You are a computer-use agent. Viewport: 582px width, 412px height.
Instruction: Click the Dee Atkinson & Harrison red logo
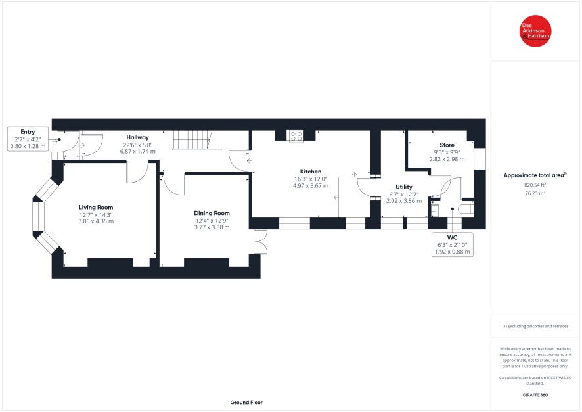pos(535,31)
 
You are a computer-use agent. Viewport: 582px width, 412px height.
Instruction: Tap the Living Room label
pos(96,207)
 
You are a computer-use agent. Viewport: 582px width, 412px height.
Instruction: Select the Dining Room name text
pos(212,213)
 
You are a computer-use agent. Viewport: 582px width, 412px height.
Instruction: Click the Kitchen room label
pos(311,172)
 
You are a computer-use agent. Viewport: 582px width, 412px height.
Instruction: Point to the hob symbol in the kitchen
pos(296,136)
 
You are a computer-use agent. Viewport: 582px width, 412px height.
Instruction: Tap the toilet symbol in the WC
pos(466,209)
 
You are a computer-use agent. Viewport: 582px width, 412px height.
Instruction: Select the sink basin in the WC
pos(435,210)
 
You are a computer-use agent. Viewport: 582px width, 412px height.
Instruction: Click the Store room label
pos(447,145)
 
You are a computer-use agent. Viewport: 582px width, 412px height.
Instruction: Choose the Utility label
pos(404,187)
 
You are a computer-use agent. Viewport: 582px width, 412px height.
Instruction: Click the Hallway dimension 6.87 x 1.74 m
pos(138,151)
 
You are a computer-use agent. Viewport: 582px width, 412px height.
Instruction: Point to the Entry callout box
pos(28,139)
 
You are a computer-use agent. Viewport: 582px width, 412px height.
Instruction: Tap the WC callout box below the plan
pos(453,244)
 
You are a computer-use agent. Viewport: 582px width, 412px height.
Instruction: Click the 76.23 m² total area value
pos(535,193)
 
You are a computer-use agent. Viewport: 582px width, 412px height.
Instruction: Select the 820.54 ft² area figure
pos(535,185)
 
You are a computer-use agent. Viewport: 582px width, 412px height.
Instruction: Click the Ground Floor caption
pos(246,402)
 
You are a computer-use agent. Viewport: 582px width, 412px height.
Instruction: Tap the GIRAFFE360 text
pos(535,395)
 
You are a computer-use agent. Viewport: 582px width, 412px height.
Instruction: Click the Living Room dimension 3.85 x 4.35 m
pos(96,221)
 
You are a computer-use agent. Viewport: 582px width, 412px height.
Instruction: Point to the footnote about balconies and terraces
pos(535,327)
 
